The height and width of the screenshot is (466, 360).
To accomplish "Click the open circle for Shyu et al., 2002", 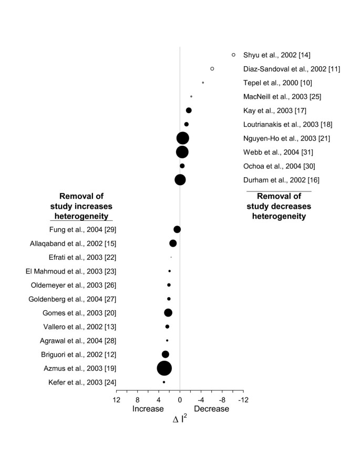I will pos(233,55).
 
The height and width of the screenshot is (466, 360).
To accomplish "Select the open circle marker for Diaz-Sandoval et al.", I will pos(212,68).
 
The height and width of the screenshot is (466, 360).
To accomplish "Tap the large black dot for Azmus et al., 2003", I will pos(164,368).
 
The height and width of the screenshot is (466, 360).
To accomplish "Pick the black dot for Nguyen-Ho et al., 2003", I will pos(183,138).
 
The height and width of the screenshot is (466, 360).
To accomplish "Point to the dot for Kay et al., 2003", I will pos(189,110).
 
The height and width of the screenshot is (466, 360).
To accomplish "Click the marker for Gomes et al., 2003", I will pos(168,313).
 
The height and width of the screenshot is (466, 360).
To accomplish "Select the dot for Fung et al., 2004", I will pos(177,229).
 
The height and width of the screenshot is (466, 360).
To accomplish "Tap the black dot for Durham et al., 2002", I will pos(180,180).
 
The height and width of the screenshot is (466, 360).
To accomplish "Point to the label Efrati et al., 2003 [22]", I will pos(83,257).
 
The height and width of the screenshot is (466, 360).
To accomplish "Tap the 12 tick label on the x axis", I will pos(116,400).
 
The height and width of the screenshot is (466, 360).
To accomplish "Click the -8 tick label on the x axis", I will pos(222,400).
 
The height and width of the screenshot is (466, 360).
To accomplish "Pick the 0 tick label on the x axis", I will pos(180,400).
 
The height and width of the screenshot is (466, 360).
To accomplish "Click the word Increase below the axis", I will pos(148,409).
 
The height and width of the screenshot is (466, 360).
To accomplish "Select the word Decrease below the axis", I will pos(211,409).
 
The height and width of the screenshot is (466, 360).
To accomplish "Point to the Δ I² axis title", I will pos(180,419).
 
